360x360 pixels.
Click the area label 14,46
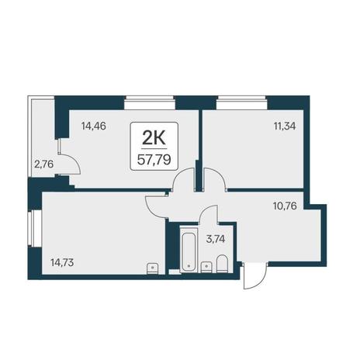tap(94, 126)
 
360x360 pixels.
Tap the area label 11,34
tap(285, 126)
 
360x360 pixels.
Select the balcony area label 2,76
tap(43, 164)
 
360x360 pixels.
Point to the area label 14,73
tap(62, 263)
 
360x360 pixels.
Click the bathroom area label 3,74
tap(216, 239)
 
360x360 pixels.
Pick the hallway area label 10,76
tap(285, 206)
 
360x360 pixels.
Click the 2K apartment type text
tap(154, 139)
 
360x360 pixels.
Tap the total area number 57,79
tap(154, 160)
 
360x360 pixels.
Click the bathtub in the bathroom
tap(189, 250)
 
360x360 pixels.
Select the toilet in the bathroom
tap(222, 264)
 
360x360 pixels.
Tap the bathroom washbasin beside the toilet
tap(206, 267)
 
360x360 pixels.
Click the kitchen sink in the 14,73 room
tap(153, 268)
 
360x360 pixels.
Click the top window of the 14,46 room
tap(149, 102)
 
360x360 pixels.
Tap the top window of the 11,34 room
tap(241, 102)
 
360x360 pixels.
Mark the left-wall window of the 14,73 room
tap(34, 228)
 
